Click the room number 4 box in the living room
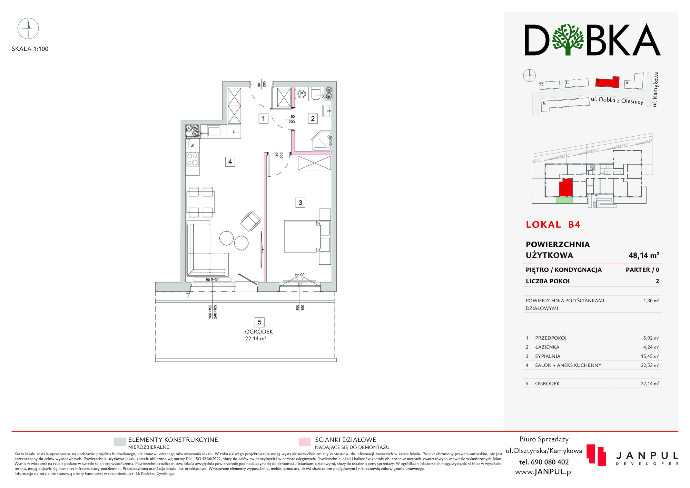[x=230, y=162]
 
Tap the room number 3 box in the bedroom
[x=300, y=203]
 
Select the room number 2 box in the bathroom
[x=313, y=118]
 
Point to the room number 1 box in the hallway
[x=264, y=119]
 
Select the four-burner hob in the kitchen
[x=193, y=159]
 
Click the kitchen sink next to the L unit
[x=214, y=131]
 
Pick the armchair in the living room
[x=250, y=221]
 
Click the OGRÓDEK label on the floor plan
[x=259, y=332]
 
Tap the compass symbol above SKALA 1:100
[x=28, y=28]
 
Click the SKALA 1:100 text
[x=30, y=49]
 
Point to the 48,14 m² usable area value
[x=644, y=255]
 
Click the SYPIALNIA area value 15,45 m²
[x=650, y=356]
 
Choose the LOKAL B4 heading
[x=553, y=225]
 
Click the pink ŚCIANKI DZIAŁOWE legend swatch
[x=305, y=442]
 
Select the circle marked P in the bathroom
[x=302, y=94]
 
